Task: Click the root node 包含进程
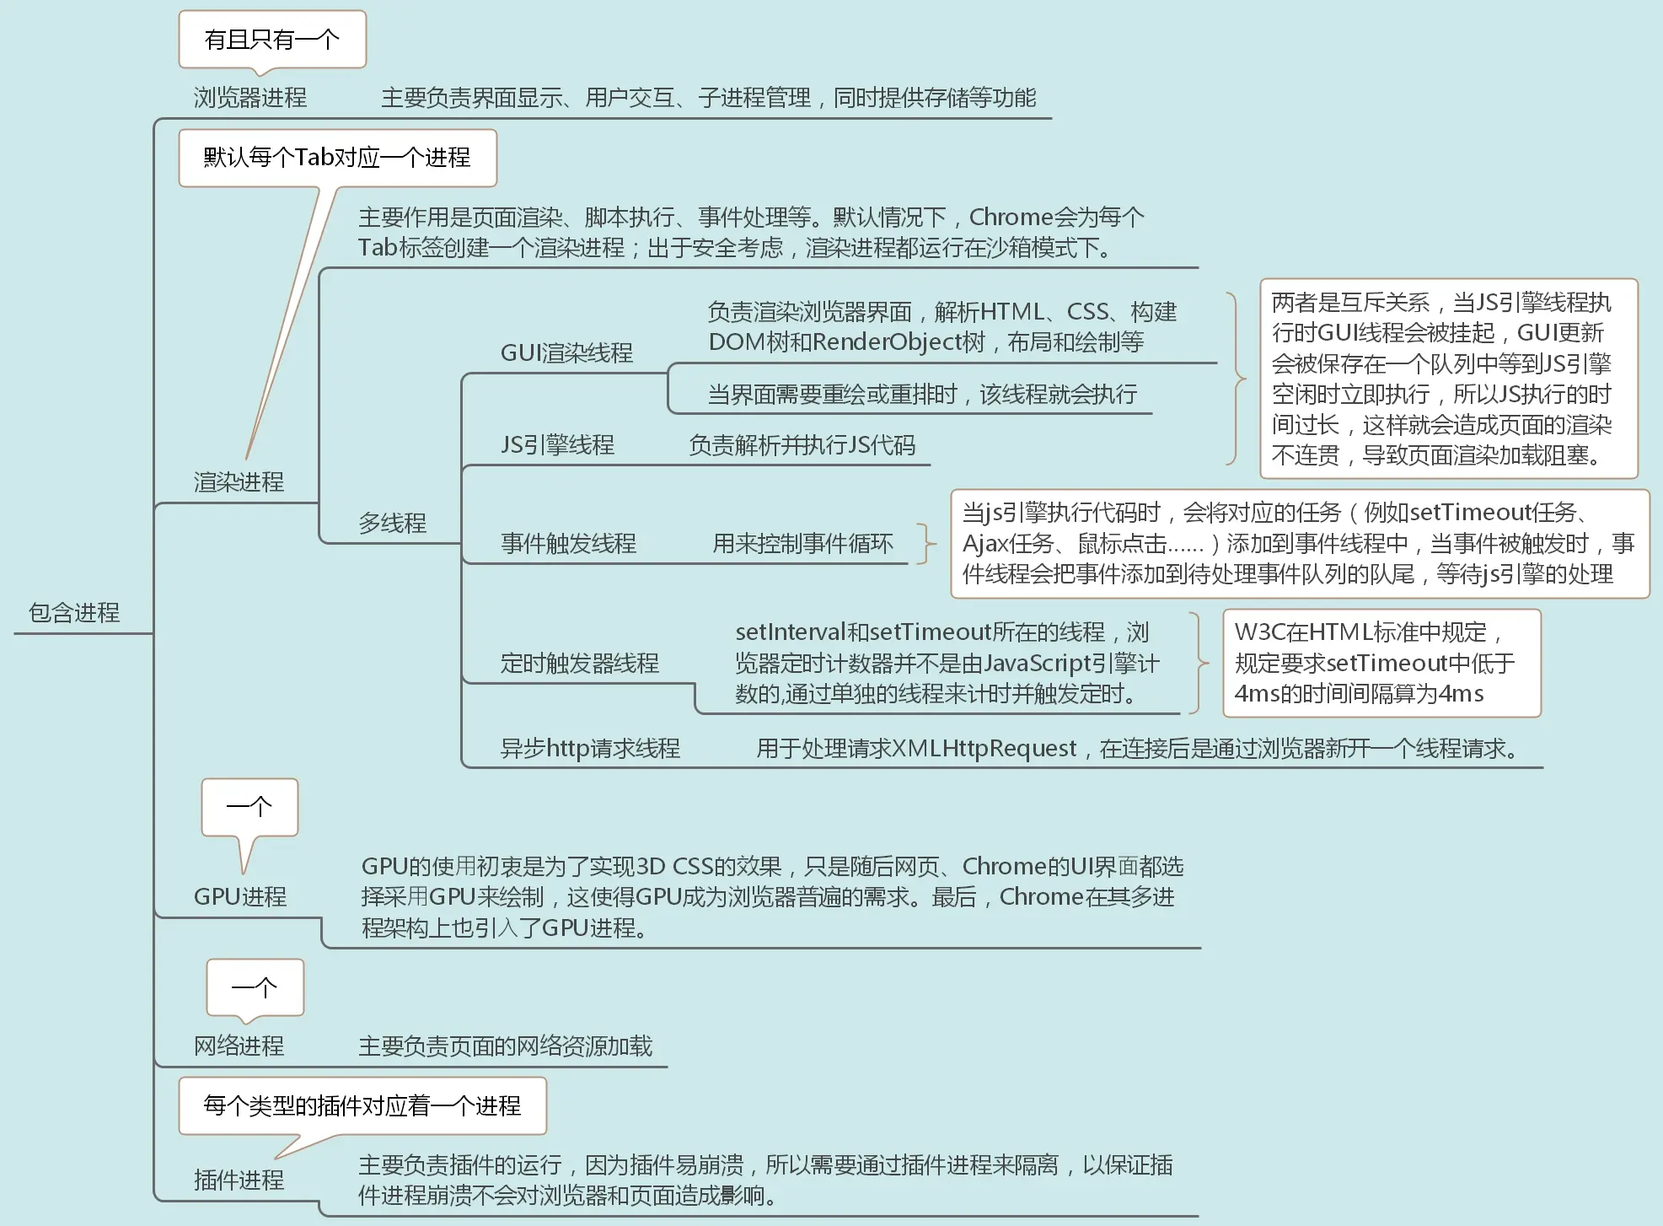pyautogui.click(x=74, y=613)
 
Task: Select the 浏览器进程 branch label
pyautogui.click(x=249, y=98)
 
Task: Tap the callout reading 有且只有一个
pyautogui.click(x=271, y=40)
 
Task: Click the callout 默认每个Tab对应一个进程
pyautogui.click(x=337, y=158)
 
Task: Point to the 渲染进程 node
pyautogui.click(x=239, y=482)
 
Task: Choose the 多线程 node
pyautogui.click(x=392, y=524)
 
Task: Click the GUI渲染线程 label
pyautogui.click(x=566, y=353)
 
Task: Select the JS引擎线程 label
pyautogui.click(x=557, y=445)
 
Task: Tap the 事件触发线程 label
pyautogui.click(x=568, y=544)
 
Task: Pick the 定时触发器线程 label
pyautogui.click(x=579, y=664)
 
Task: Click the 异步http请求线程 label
pyautogui.click(x=590, y=749)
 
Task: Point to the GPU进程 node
pyautogui.click(x=240, y=897)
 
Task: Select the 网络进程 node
pyautogui.click(x=239, y=1046)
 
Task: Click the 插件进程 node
pyautogui.click(x=239, y=1180)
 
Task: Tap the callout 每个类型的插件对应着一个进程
pyautogui.click(x=362, y=1105)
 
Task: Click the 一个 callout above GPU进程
pyautogui.click(x=249, y=807)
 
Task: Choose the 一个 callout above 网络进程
pyautogui.click(x=255, y=987)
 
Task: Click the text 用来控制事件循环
pyautogui.click(x=802, y=544)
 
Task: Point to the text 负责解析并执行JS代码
pyautogui.click(x=802, y=445)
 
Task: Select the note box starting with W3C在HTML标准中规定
pyautogui.click(x=1381, y=663)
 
